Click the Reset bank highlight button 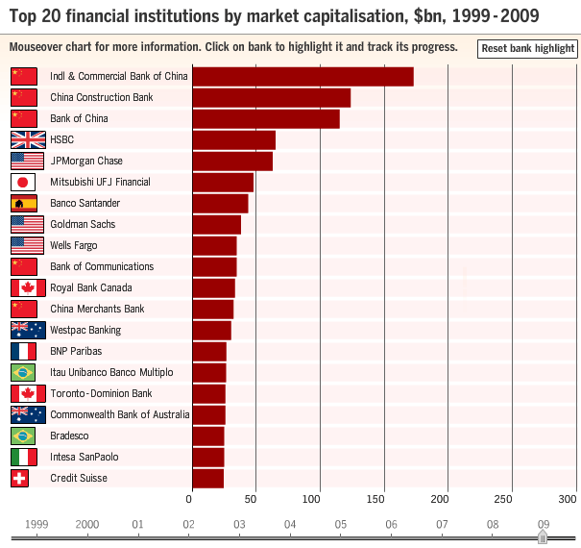coord(527,48)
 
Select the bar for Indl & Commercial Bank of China coord(303,77)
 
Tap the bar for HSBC coord(233,140)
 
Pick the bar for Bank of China coord(266,119)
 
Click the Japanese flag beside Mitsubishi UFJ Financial coord(23,183)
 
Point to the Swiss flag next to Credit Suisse coord(23,479)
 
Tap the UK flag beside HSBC coord(27,140)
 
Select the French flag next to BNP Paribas coord(23,352)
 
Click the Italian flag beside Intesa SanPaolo coord(23,458)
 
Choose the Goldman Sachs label coord(83,225)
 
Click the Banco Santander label coord(85,204)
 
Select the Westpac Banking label coord(85,331)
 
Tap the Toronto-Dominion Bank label coord(101,394)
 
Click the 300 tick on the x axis coord(569,499)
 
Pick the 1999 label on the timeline coord(36,524)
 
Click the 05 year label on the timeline coord(340,524)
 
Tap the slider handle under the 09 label coord(543,538)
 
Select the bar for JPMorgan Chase coord(232,162)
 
